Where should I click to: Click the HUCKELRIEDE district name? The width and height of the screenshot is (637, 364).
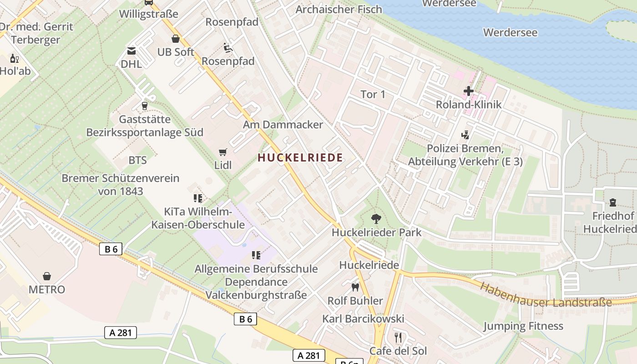pyautogui.click(x=300, y=158)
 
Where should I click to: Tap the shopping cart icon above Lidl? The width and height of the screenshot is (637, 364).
pyautogui.click(x=222, y=152)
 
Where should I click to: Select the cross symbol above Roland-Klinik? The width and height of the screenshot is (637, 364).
pyautogui.click(x=469, y=91)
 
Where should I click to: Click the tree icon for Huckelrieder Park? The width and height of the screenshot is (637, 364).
pyautogui.click(x=376, y=219)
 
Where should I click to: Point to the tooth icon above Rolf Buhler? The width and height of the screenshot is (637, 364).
pyautogui.click(x=355, y=287)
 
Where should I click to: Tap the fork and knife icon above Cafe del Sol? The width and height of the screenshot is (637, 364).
pyautogui.click(x=398, y=337)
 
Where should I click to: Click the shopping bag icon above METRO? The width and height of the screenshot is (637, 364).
pyautogui.click(x=46, y=276)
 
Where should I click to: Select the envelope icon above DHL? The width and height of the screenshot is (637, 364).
pyautogui.click(x=131, y=51)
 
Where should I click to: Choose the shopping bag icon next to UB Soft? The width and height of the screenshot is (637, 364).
pyautogui.click(x=176, y=39)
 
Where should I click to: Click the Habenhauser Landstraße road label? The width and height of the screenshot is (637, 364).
pyautogui.click(x=546, y=295)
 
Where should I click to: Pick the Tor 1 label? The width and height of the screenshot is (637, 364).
pyautogui.click(x=373, y=94)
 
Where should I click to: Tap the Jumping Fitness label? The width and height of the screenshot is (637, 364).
pyautogui.click(x=523, y=326)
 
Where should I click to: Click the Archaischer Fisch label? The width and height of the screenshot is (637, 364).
pyautogui.click(x=339, y=9)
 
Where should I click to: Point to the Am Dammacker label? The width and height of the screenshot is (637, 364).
pyautogui.click(x=283, y=124)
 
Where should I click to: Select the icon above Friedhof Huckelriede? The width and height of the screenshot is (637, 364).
pyautogui.click(x=612, y=202)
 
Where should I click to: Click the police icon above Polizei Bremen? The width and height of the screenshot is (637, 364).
pyautogui.click(x=465, y=135)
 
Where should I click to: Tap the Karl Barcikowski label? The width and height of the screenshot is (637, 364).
pyautogui.click(x=363, y=318)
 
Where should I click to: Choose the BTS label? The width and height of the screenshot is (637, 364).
pyautogui.click(x=137, y=160)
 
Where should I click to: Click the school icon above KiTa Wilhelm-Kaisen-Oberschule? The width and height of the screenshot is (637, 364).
pyautogui.click(x=197, y=198)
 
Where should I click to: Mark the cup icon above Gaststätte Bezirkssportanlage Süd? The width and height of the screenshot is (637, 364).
pyautogui.click(x=145, y=106)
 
